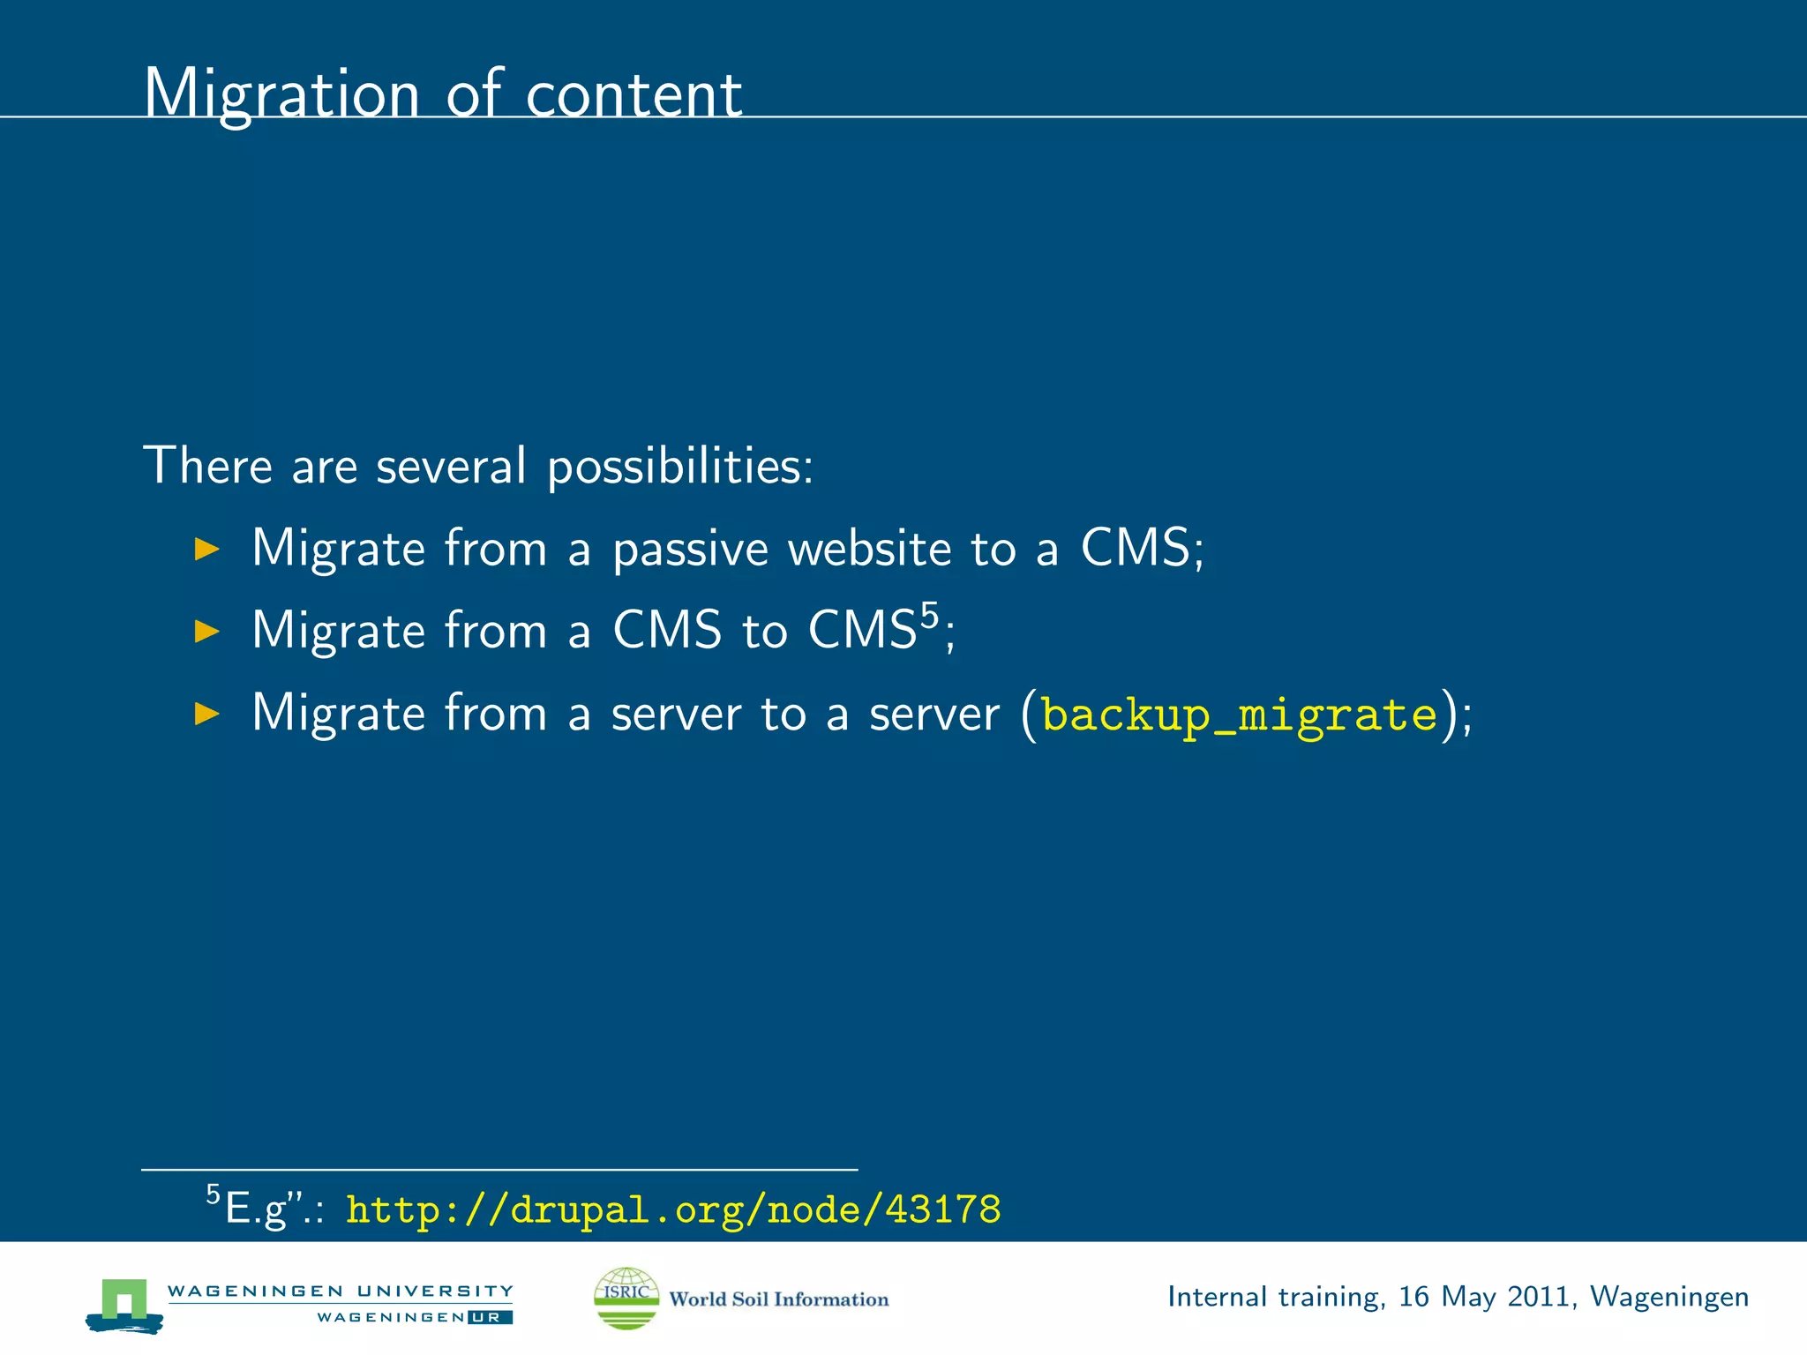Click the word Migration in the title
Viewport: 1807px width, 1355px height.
[x=281, y=94]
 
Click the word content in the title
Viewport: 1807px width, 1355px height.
[x=634, y=94]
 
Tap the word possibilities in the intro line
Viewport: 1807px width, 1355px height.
[x=679, y=466]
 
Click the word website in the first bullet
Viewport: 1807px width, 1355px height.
[x=869, y=549]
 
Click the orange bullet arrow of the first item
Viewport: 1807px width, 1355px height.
[x=206, y=549]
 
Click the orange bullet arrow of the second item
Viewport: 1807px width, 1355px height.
[x=206, y=631]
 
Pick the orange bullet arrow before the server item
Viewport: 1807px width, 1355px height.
[x=206, y=713]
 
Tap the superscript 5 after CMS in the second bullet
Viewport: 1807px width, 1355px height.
[x=929, y=613]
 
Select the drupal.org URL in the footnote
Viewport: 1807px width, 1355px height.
[x=673, y=1209]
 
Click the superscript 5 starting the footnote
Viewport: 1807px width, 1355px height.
[x=213, y=1194]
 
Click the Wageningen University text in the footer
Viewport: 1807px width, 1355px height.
[x=340, y=1291]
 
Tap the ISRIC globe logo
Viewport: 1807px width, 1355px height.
[x=626, y=1297]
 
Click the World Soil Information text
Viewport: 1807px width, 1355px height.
[x=778, y=1299]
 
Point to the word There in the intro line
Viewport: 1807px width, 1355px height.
[x=207, y=466]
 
